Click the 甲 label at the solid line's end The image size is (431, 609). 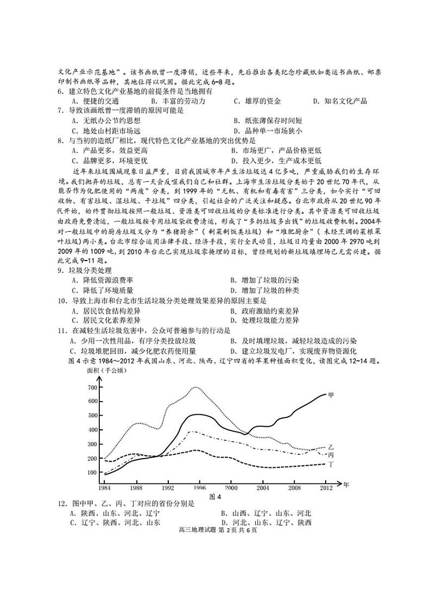point(331,395)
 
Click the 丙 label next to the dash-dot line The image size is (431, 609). point(331,454)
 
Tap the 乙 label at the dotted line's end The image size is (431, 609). point(331,445)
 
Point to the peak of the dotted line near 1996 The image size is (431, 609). point(196,387)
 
